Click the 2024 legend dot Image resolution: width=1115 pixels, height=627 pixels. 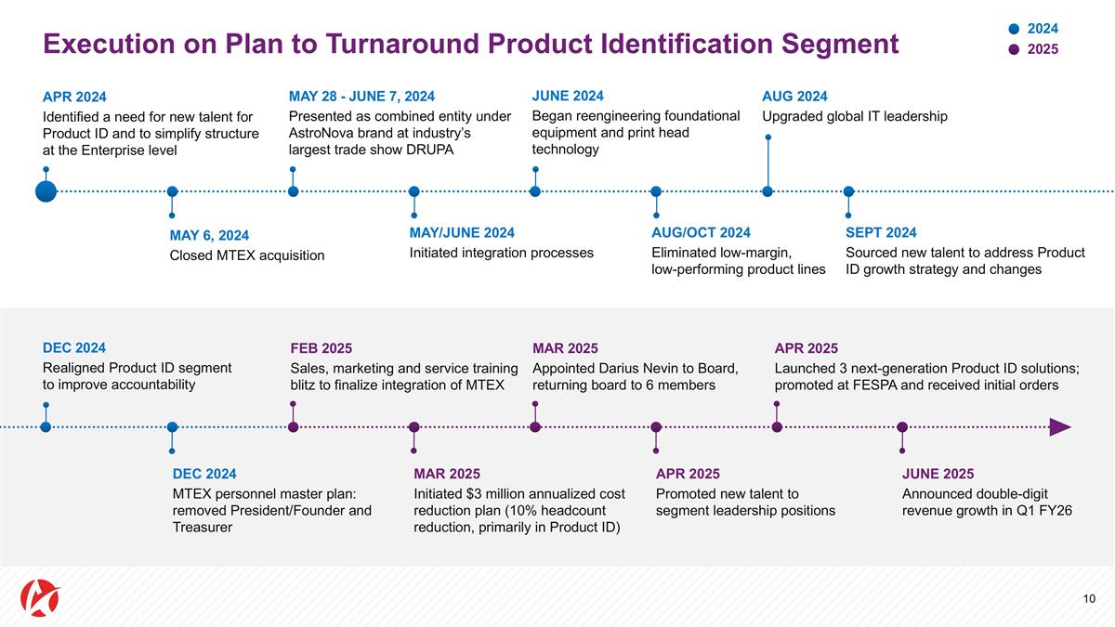point(1014,29)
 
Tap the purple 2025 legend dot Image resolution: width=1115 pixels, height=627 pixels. point(1014,49)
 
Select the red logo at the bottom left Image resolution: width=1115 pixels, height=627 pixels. point(40,597)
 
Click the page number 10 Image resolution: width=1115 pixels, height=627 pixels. point(1089,598)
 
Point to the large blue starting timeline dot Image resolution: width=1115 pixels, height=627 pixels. point(46,191)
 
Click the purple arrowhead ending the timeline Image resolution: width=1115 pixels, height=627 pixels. point(1060,427)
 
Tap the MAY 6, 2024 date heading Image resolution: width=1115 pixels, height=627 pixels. point(209,235)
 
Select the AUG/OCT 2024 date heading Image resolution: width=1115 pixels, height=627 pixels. point(701,232)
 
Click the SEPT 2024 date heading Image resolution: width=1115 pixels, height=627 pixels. point(881,232)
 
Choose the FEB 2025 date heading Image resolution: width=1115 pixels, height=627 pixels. point(321,348)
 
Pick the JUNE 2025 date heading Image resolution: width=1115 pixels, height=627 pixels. point(938,474)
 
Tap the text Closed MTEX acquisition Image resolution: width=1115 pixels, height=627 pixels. point(247,255)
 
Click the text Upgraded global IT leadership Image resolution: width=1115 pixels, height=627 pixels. point(855,116)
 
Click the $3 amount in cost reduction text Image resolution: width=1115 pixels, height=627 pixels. point(474,493)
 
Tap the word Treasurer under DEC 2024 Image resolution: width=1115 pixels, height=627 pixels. point(203,528)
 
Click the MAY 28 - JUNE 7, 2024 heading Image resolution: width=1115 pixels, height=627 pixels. point(361,96)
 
